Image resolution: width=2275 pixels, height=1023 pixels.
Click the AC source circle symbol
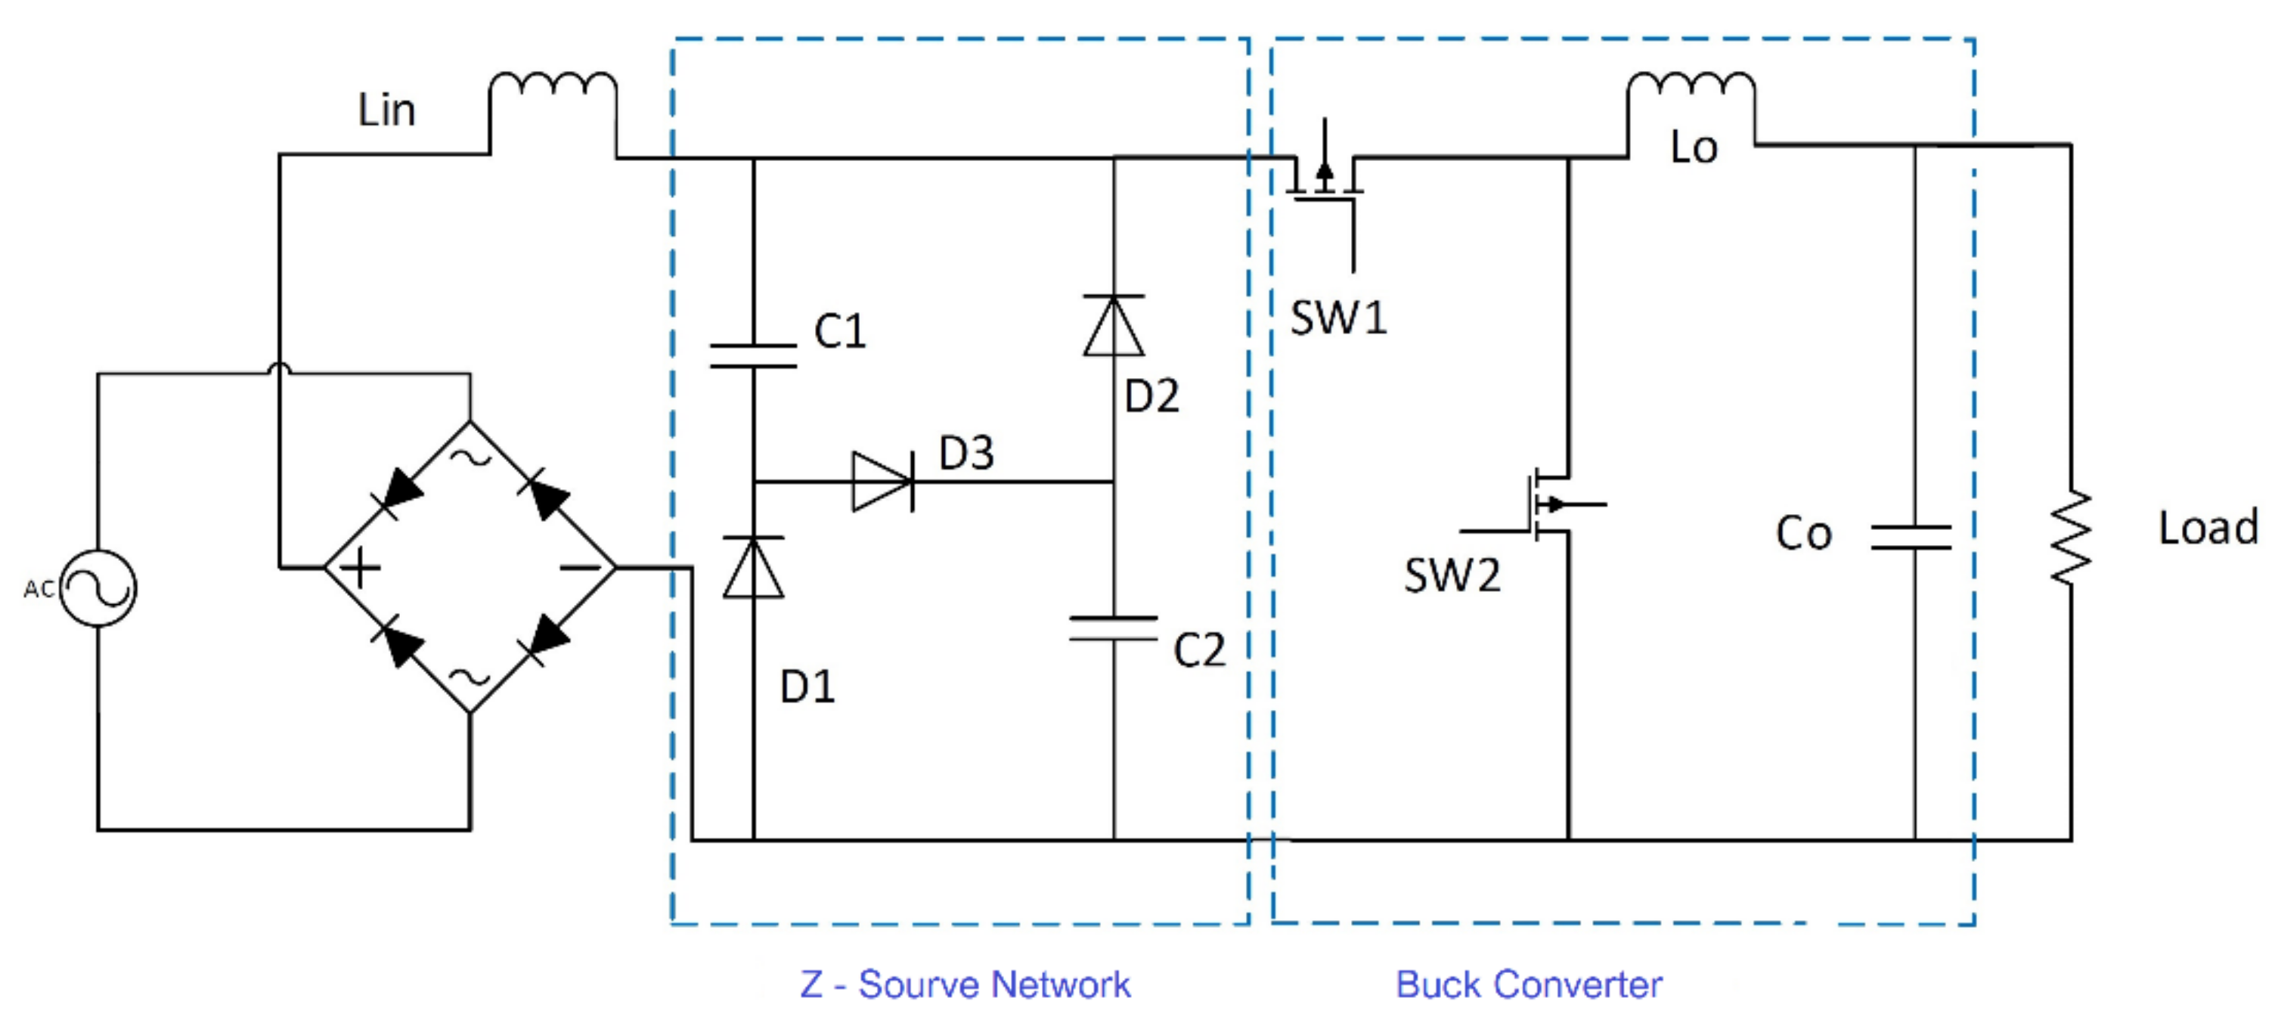pyautogui.click(x=98, y=588)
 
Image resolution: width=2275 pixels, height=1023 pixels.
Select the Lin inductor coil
pyautogui.click(x=553, y=85)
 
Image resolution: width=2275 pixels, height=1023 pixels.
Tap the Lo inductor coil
pyautogui.click(x=1691, y=85)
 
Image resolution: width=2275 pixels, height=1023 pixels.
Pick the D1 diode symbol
pyautogui.click(x=753, y=567)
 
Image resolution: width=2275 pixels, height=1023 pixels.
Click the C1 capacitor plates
pyautogui.click(x=753, y=355)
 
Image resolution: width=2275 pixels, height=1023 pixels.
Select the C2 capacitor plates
pyautogui.click(x=1114, y=628)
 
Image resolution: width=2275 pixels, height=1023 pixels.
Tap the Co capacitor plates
pyautogui.click(x=1912, y=537)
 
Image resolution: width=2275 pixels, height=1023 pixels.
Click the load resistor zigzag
pyautogui.click(x=2071, y=537)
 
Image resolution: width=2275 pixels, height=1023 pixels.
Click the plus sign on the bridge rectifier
pyautogui.click(x=359, y=567)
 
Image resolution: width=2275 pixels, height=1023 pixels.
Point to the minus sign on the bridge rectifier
pyautogui.click(x=580, y=567)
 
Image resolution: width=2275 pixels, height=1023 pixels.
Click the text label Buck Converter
pyautogui.click(x=1529, y=984)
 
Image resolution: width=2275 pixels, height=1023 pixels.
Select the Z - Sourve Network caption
pyautogui.click(x=965, y=984)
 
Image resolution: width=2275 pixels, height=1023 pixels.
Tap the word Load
pyautogui.click(x=2208, y=528)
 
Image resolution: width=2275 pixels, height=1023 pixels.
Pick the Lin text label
pyautogui.click(x=386, y=110)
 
